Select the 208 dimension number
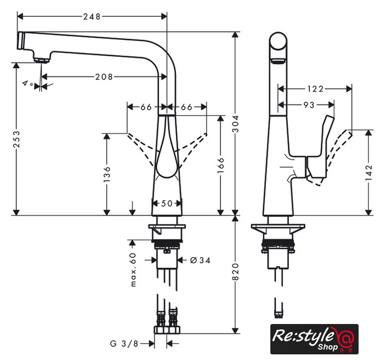pos(105,76)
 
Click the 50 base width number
pos(167,204)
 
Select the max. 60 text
pos(134,269)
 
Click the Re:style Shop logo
pos(314,339)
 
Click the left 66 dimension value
pos(146,107)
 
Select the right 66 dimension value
pos(187,107)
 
